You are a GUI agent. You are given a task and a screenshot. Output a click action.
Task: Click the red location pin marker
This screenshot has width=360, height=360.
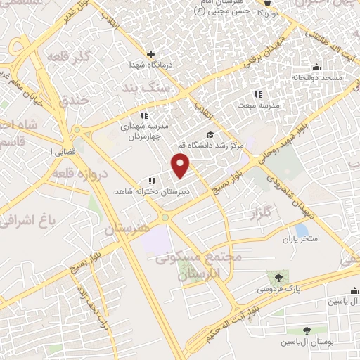pos(181,165)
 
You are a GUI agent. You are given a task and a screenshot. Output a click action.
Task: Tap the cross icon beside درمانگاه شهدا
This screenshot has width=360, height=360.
pos(150,53)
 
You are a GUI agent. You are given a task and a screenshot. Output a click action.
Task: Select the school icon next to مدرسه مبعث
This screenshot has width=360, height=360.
pos(257,94)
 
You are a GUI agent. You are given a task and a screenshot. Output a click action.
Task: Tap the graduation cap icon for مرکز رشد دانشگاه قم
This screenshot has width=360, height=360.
pos(209,134)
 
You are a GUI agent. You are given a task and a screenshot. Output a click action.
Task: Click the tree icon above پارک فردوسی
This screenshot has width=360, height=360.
pos(281,276)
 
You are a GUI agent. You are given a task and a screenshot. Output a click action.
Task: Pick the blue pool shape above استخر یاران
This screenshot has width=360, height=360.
pos(302,230)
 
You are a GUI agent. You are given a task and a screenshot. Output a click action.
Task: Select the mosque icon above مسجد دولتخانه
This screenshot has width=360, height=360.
pos(316,68)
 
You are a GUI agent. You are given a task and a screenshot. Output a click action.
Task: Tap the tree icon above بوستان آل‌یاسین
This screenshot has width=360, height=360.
pos(307,330)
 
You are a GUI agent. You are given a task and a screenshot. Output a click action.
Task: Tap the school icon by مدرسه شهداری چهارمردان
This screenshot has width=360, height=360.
pos(143,115)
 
